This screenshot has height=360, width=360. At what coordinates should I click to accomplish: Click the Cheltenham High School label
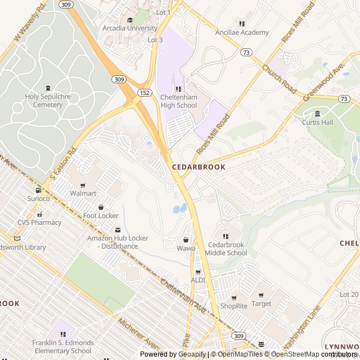click(x=179, y=101)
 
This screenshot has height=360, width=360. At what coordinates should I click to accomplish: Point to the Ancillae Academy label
click(x=242, y=32)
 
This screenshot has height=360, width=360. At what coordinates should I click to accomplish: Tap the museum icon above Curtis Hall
click(x=317, y=114)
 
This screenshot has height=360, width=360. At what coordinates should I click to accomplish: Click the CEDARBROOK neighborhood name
click(x=199, y=167)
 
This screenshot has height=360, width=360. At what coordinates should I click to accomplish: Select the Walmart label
click(x=83, y=193)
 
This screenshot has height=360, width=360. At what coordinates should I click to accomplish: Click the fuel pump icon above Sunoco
click(x=38, y=190)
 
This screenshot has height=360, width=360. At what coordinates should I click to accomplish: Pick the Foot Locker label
click(x=101, y=215)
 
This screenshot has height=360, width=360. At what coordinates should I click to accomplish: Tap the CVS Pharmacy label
click(x=39, y=222)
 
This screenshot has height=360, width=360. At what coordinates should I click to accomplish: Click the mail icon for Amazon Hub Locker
click(x=118, y=229)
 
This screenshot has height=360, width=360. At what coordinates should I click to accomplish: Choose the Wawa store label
click(x=186, y=248)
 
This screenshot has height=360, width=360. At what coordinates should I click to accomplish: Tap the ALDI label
click(x=198, y=280)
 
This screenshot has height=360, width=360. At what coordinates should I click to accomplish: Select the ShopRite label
click(x=233, y=306)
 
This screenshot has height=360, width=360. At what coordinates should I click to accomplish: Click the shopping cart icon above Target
click(x=261, y=295)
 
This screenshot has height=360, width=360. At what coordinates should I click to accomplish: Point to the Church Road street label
click(x=278, y=78)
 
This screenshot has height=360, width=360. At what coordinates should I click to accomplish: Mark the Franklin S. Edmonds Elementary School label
click(x=63, y=346)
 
